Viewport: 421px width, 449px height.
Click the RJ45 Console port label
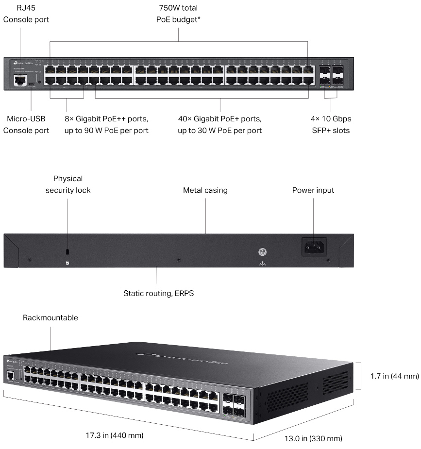point(26,14)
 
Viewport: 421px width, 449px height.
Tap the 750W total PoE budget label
point(178,14)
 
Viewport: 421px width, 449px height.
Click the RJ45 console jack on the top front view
point(20,82)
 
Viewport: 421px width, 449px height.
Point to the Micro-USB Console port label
point(26,125)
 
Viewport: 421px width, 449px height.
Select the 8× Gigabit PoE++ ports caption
point(106,125)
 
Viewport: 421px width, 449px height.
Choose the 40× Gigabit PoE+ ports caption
point(219,125)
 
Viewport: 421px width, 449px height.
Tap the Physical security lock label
point(68,184)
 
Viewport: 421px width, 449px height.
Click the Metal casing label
point(205,190)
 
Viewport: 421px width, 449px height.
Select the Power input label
point(313,190)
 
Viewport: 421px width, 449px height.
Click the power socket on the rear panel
point(314,247)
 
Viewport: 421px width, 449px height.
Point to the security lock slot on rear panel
point(67,251)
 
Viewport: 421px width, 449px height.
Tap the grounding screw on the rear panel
point(263,252)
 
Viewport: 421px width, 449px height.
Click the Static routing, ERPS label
point(158,293)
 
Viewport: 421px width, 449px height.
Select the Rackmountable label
point(51,318)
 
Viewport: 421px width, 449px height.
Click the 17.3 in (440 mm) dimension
point(115,435)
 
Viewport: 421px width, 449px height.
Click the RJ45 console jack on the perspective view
point(11,375)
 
